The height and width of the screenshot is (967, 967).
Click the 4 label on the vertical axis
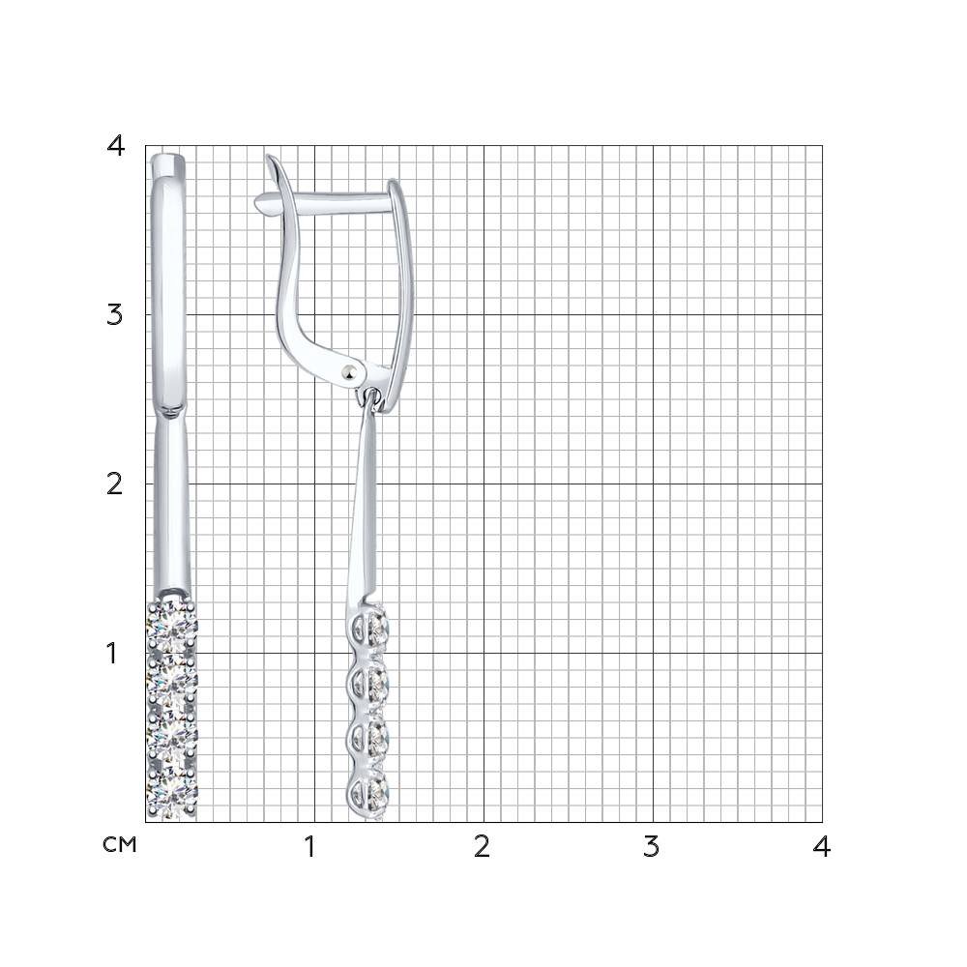point(115,146)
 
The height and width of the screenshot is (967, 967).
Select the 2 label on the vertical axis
point(115,484)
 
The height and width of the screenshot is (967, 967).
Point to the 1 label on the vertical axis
point(111,653)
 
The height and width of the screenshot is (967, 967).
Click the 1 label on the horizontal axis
point(309,847)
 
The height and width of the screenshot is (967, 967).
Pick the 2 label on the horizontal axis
point(482,847)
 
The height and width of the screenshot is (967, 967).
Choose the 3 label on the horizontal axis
point(651,847)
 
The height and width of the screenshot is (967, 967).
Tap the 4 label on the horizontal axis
point(821,847)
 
